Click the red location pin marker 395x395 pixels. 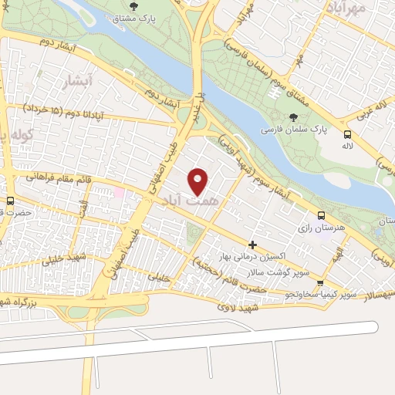pos(198,181)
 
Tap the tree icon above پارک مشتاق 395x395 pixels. pos(134,7)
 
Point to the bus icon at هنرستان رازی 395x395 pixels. pos(321,216)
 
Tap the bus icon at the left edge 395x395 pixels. pos(9,200)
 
